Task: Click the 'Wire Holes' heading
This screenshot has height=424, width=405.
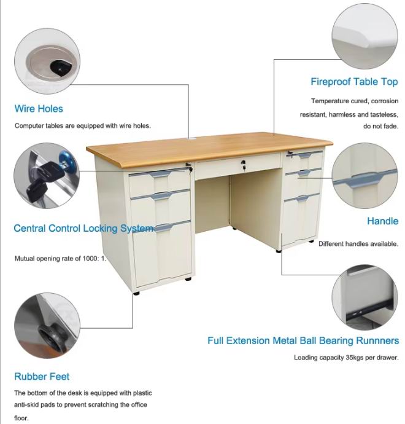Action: click(39, 109)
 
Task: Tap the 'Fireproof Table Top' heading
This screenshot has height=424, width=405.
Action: click(354, 82)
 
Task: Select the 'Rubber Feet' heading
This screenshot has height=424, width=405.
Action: click(42, 377)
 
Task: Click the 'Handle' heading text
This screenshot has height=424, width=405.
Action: click(382, 221)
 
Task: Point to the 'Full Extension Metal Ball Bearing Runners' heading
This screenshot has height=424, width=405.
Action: click(303, 340)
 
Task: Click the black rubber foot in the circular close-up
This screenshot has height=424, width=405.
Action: click(50, 337)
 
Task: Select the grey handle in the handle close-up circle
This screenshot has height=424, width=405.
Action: click(364, 179)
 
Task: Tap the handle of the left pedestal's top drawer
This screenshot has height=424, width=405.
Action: click(160, 174)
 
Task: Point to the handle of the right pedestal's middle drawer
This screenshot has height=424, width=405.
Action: click(304, 173)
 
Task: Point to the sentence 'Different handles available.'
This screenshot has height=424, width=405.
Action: click(358, 243)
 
